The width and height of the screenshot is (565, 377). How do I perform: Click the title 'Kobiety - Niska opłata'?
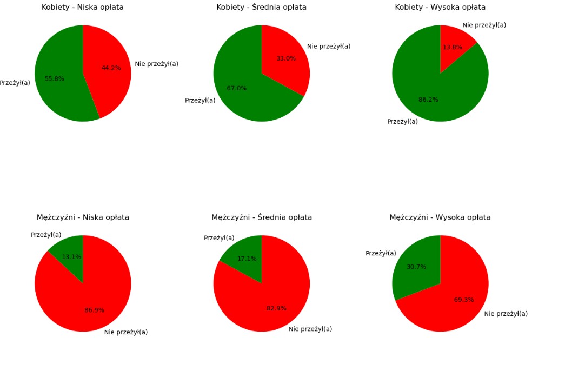83,8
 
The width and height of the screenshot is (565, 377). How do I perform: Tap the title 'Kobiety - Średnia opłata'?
261,8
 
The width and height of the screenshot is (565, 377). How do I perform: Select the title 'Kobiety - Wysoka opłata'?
440,8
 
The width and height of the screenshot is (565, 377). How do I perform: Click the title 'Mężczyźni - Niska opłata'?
83,217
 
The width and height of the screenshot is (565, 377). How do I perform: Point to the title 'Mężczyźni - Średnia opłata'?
261,217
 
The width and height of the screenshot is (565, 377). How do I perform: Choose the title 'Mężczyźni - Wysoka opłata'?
440,217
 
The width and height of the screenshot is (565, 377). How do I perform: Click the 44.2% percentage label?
111,68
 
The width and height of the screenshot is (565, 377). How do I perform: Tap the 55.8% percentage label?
54,79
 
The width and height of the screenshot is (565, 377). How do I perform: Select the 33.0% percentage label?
286,58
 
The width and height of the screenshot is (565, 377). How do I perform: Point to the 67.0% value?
236,89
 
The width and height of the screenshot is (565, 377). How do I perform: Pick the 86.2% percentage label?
428,100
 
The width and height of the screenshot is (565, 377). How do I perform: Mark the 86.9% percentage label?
94,310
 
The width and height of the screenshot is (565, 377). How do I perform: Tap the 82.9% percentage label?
276,309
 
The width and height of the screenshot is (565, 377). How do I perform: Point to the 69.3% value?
464,300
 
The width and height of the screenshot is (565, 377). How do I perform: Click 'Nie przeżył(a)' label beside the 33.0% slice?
329,47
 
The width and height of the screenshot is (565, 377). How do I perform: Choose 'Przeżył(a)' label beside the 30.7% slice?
381,254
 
